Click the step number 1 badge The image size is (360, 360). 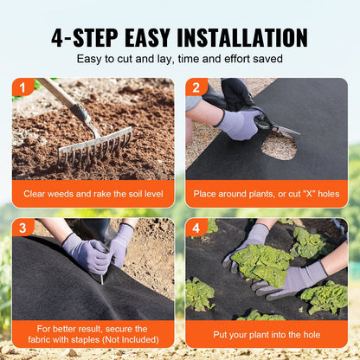point(22,87)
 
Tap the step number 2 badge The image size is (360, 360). point(196,87)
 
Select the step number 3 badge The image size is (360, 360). point(22,227)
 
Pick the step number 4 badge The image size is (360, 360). point(196,227)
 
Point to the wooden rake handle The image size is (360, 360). point(61,97)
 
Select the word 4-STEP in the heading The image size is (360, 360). point(86,37)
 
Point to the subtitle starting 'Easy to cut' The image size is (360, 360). point(179,59)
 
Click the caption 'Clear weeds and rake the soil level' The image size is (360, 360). point(93,194)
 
